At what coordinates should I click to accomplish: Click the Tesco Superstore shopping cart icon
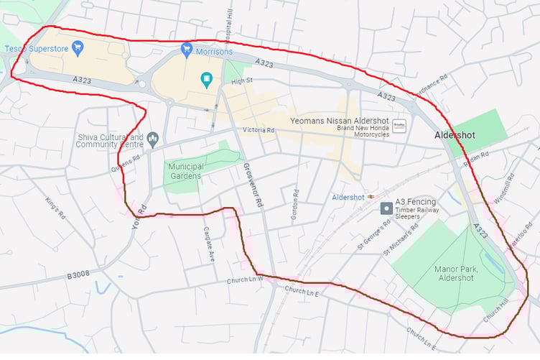point(79,49)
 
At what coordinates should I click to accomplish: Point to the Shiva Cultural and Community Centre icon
point(152,137)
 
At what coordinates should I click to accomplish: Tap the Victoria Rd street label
point(259,130)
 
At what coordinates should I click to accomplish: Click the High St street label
point(243,82)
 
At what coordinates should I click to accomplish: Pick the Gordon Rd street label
point(294,206)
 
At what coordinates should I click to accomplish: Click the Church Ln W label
point(246,280)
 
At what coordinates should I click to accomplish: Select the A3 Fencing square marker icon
point(386,208)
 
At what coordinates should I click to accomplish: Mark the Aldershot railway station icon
point(371,196)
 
